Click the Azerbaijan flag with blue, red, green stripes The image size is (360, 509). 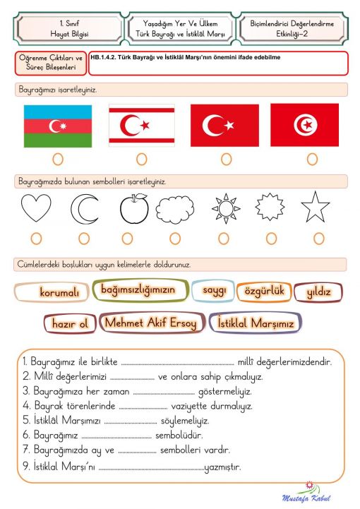coord(58,126)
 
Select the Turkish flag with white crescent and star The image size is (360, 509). coord(224,126)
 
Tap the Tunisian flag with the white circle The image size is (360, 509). coord(304,126)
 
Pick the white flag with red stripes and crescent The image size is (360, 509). coord(141,126)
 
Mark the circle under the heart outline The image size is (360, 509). coord(36,238)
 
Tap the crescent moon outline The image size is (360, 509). coord(85,209)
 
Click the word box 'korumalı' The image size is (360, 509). coord(52,292)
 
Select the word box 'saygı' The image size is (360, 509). coord(214,290)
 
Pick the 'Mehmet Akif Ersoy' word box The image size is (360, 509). coord(152,323)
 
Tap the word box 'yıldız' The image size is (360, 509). coord(318,292)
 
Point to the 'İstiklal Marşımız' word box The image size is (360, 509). coord(256,323)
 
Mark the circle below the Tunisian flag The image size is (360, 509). coord(304,159)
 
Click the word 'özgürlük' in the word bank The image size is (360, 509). coord(263,291)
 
